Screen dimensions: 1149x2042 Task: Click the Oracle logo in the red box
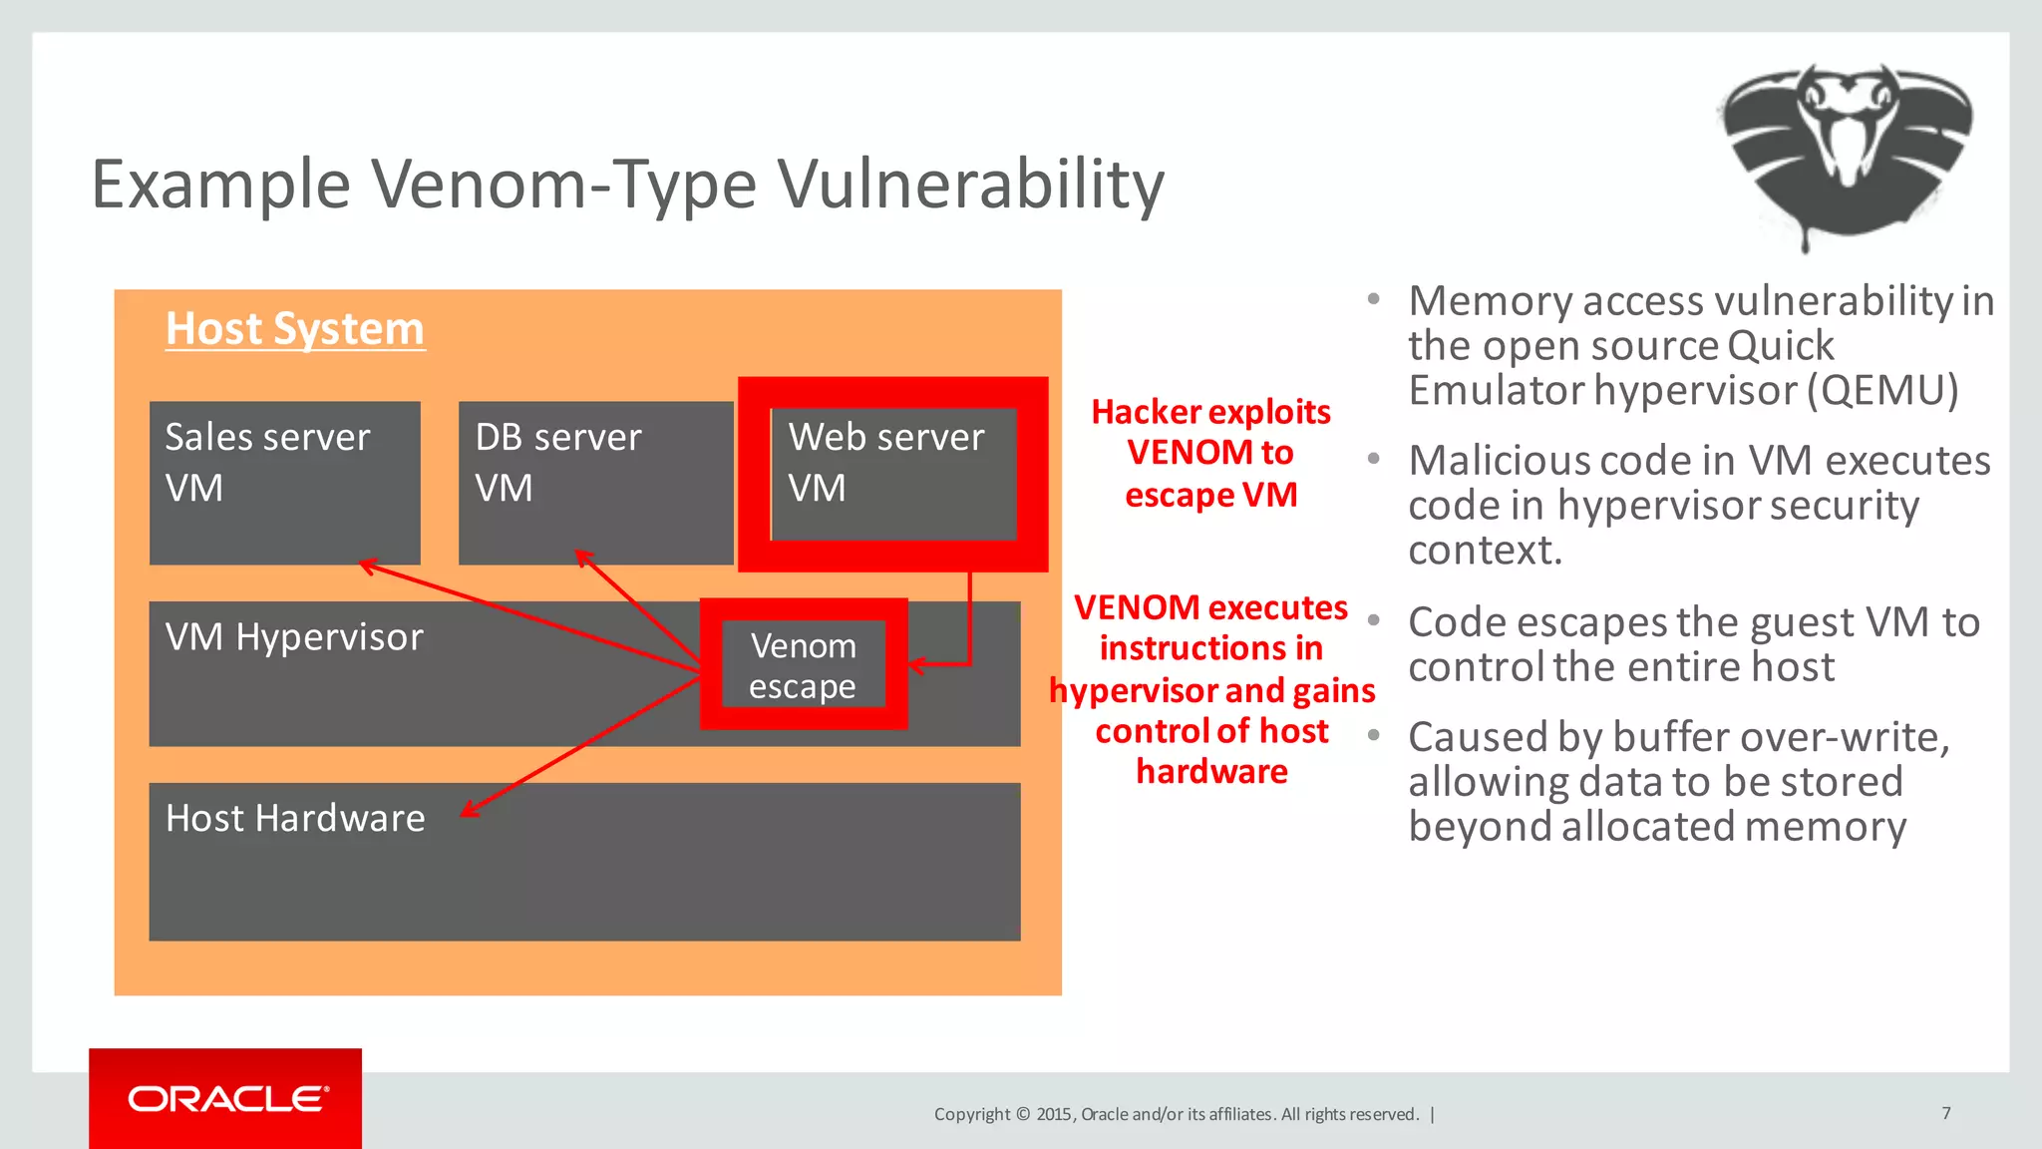[227, 1099]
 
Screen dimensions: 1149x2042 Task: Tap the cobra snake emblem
[1846, 150]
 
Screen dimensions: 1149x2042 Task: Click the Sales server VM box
[284, 483]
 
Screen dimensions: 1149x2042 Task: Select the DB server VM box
[595, 483]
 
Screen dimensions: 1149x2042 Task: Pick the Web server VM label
[885, 462]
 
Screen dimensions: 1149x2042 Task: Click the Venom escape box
[804, 665]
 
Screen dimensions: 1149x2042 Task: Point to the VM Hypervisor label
[294, 637]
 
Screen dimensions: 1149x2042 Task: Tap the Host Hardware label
[295, 818]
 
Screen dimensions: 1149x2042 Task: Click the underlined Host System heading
[295, 329]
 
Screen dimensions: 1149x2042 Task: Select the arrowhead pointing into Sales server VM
[366, 566]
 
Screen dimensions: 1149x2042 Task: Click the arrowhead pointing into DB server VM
[582, 556]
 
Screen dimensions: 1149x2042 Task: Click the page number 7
[1945, 1113]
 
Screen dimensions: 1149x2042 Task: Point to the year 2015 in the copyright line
[1054, 1114]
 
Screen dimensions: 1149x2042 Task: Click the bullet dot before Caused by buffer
[1374, 735]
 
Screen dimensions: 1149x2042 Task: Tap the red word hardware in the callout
[1211, 772]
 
